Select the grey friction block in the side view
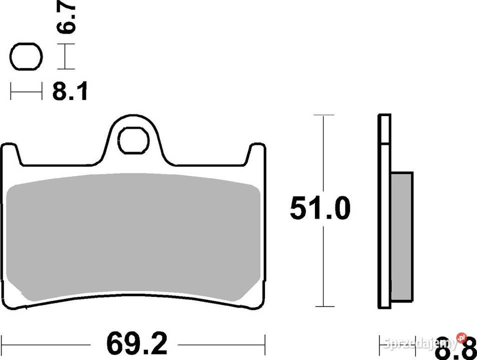pyautogui.click(x=402, y=237)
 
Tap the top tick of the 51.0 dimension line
pyautogui.click(x=324, y=115)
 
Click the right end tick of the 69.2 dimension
pyautogui.click(x=264, y=344)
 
